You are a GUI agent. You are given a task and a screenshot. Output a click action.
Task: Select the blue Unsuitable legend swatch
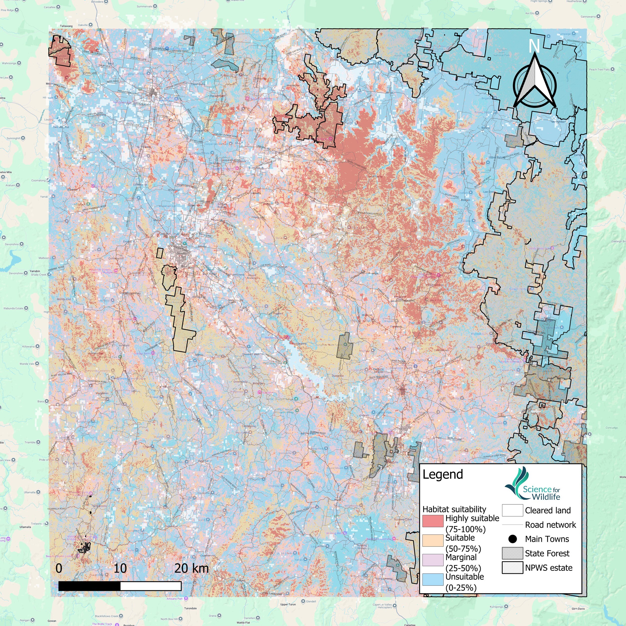(x=432, y=579)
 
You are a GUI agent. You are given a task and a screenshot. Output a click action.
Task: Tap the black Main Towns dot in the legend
(x=512, y=539)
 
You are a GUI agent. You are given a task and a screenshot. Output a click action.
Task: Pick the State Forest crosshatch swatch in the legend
(x=512, y=553)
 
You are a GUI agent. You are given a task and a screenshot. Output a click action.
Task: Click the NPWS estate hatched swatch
(x=512, y=567)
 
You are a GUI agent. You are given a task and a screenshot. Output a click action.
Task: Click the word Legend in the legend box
(x=443, y=474)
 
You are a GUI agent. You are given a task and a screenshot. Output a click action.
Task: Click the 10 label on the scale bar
(x=120, y=568)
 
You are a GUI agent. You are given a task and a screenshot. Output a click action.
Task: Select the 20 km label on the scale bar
(x=192, y=568)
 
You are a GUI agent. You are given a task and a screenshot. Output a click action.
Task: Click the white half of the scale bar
(x=150, y=586)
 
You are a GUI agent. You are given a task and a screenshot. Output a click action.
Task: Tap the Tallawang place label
(x=66, y=26)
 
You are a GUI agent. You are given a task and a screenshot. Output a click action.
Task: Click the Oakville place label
(x=83, y=25)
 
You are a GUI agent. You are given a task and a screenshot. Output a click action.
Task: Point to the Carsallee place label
(x=50, y=7)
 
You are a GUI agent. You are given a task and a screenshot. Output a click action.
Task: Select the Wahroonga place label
(x=9, y=63)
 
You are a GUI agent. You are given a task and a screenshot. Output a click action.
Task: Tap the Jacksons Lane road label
(x=138, y=59)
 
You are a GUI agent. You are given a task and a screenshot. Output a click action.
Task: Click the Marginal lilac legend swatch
(x=432, y=560)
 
